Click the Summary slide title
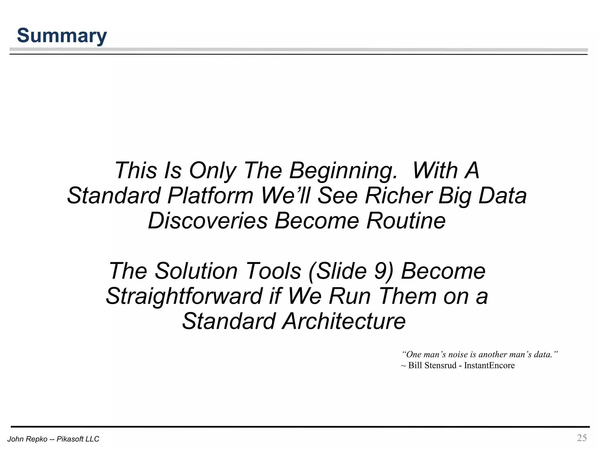pyautogui.click(x=62, y=36)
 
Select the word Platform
pyautogui.click(x=210, y=196)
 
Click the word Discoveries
pyautogui.click(x=208, y=221)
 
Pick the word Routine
pyautogui.click(x=406, y=221)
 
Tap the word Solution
pyautogui.click(x=196, y=271)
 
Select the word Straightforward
pyautogui.click(x=184, y=296)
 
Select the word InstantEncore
pyautogui.click(x=489, y=365)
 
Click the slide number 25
pyautogui.click(x=582, y=438)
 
